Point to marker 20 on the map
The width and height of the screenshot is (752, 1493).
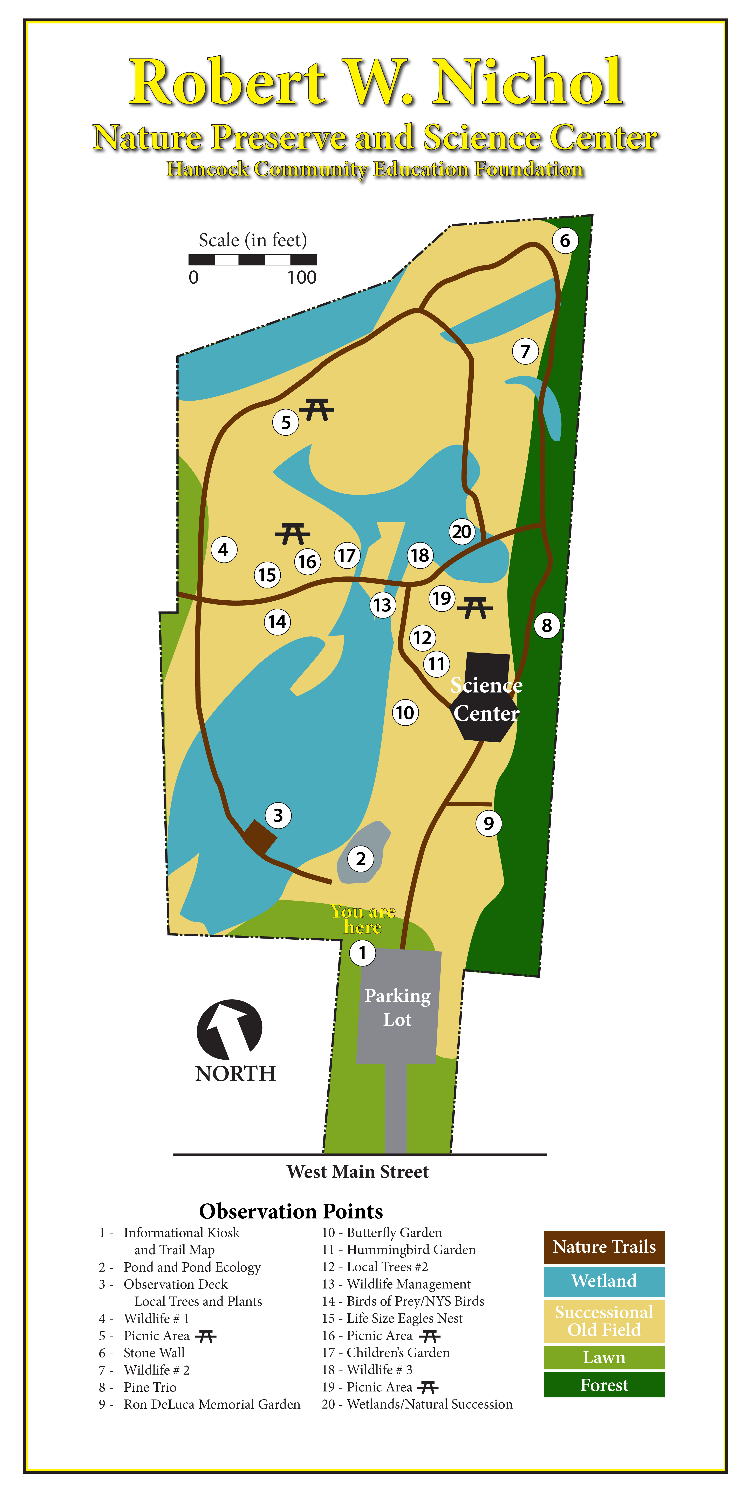(462, 531)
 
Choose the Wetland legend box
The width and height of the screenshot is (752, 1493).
(604, 1281)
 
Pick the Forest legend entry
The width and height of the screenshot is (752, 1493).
(604, 1385)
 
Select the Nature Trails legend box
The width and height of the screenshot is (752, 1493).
(604, 1247)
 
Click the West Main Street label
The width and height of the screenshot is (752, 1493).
(358, 1172)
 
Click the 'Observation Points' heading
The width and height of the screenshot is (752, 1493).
(291, 1211)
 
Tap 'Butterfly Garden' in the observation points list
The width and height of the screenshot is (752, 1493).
(394, 1233)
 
